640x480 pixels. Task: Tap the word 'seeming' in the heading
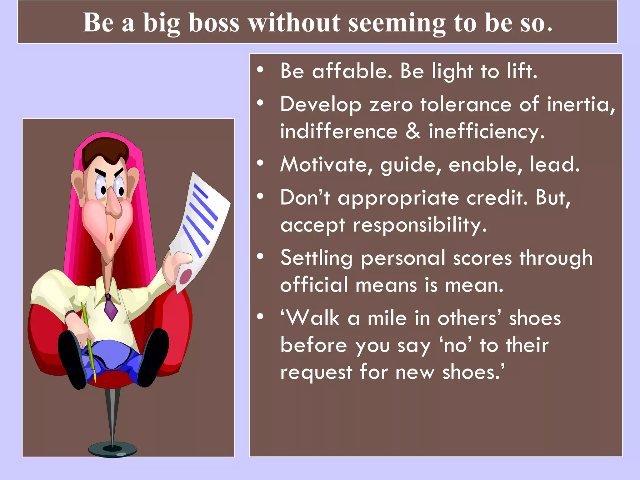[397, 23]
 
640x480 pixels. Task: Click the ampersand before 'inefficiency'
[413, 131]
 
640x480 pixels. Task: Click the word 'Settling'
[316, 258]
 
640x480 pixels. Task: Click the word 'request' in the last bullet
[316, 372]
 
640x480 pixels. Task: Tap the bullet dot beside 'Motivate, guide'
[260, 163]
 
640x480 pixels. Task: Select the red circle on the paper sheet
[186, 276]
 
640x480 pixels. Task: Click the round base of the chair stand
[112, 450]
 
